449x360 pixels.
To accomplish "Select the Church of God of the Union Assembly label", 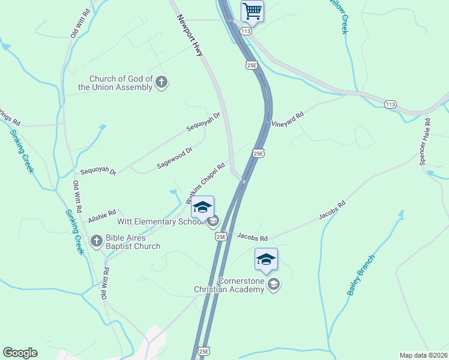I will point(121,83).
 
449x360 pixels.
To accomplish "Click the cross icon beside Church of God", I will point(161,83).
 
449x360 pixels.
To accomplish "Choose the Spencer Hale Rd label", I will point(424,142).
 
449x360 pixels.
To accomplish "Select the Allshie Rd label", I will point(101,214).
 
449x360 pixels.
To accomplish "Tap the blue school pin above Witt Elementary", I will point(203,207).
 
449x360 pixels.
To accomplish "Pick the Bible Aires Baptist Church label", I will point(126,242).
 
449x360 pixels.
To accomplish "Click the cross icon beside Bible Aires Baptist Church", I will point(96,241).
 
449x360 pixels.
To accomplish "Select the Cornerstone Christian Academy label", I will point(229,285).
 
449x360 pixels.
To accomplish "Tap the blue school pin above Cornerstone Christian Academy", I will point(266,259).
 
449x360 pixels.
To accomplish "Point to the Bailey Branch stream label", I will point(361,275).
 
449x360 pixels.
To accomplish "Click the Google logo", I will point(20,353).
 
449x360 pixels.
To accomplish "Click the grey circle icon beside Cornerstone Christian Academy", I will point(274,284).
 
